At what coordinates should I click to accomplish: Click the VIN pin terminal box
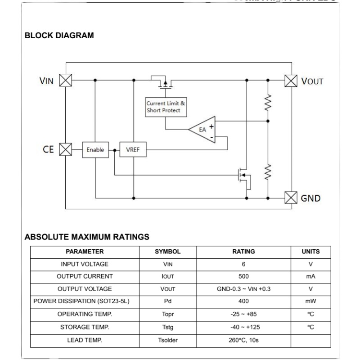[x=66, y=81]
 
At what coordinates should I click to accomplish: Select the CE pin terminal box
[x=66, y=149]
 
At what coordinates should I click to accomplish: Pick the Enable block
[x=95, y=149]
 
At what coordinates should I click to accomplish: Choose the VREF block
[x=133, y=149]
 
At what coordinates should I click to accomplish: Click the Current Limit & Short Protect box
[x=166, y=107]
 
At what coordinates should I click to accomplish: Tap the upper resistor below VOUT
[x=268, y=103]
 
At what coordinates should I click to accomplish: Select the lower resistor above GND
[x=268, y=172]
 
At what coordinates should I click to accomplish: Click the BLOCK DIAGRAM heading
[x=59, y=36]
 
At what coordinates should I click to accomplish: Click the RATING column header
[x=243, y=252]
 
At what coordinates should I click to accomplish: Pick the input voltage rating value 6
[x=243, y=264]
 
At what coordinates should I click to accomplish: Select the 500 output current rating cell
[x=243, y=276]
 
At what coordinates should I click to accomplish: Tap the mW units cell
[x=310, y=301]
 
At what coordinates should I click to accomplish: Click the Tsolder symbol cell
[x=168, y=340]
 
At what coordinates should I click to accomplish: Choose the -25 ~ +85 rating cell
[x=243, y=314]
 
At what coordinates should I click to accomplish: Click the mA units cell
[x=310, y=276]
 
